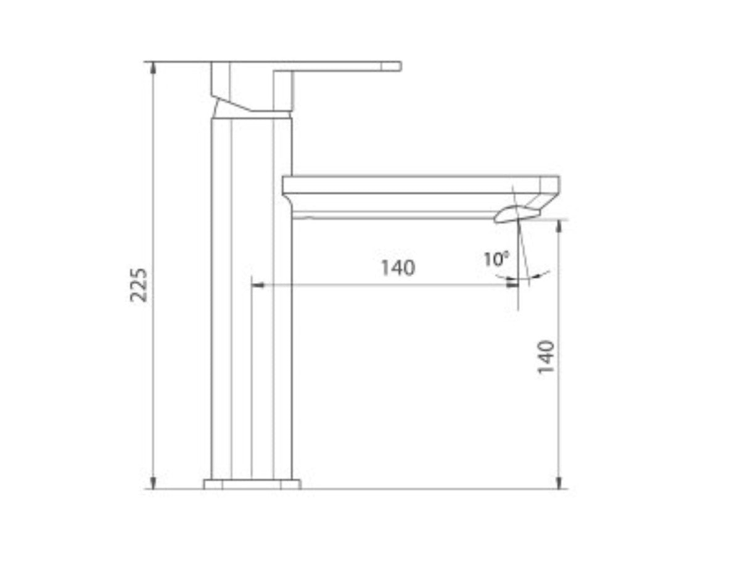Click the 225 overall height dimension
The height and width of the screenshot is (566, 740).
[x=141, y=284]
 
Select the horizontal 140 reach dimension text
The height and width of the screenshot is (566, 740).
[x=398, y=268]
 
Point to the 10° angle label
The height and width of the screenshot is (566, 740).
[x=496, y=259]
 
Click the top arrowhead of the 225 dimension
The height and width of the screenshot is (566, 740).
[x=154, y=67]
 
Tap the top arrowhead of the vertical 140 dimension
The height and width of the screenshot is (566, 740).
[x=559, y=225]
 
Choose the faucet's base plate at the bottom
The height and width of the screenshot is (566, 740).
[x=252, y=484]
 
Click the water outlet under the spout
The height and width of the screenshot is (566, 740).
[x=516, y=215]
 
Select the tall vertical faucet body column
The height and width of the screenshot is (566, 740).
[x=251, y=296]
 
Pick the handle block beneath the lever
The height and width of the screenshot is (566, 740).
[x=252, y=86]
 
